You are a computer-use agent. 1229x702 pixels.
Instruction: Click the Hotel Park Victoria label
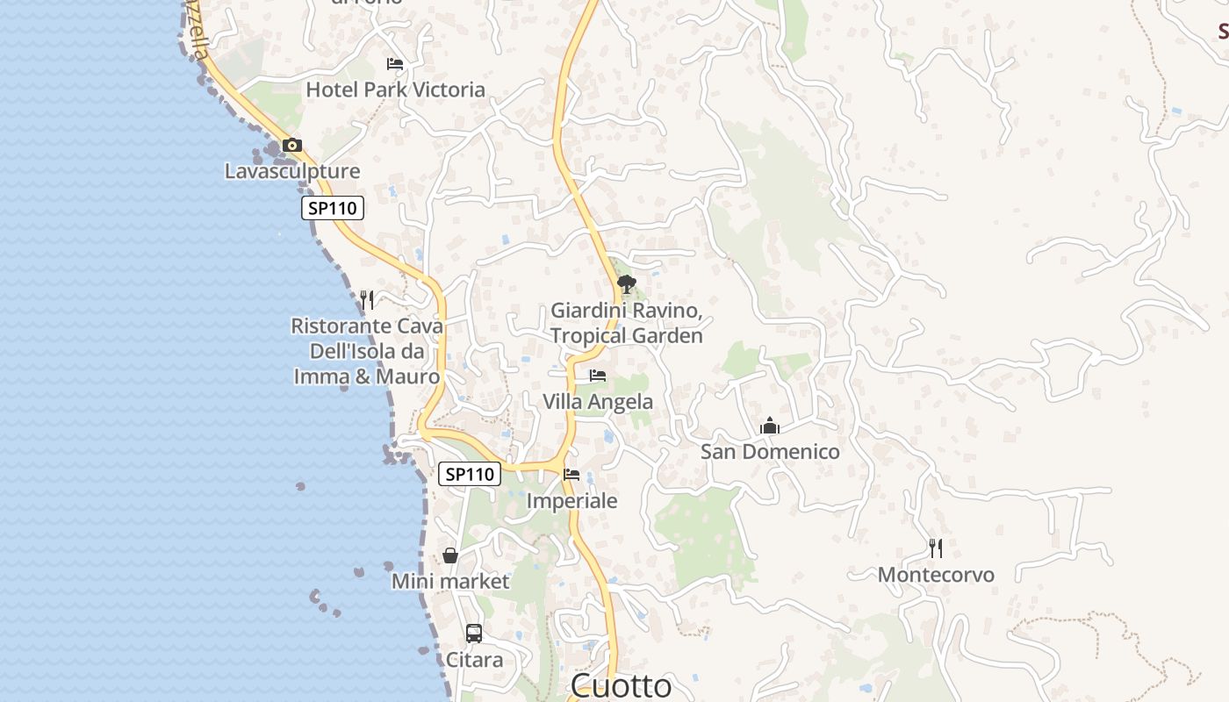[x=395, y=90]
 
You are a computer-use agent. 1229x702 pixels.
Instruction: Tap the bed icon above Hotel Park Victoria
[x=395, y=64]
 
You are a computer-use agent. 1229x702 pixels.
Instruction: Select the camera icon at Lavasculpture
[x=292, y=146]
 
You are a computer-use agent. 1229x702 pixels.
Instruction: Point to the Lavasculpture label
[x=292, y=171]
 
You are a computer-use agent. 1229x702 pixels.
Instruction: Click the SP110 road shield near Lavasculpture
[x=332, y=209]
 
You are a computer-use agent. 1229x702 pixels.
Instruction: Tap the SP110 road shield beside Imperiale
[x=470, y=474]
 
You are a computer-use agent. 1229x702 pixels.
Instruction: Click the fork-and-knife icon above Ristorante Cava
[x=367, y=300]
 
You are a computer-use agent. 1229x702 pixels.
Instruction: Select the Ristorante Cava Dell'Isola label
[x=367, y=351]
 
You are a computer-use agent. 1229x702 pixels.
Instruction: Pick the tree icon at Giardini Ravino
[x=626, y=283]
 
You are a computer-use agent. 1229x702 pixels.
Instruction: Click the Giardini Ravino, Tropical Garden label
[x=626, y=323]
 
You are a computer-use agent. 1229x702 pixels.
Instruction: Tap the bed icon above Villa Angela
[x=598, y=376]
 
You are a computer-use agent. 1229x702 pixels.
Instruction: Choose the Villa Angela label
[x=598, y=402]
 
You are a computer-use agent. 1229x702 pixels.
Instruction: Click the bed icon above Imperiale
[x=571, y=475]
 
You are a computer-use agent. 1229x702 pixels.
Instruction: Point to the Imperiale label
[x=571, y=501]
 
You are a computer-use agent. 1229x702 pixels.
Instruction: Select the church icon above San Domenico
[x=770, y=426]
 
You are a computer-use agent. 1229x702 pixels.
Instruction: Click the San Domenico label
[x=770, y=452]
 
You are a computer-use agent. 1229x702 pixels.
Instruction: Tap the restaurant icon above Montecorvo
[x=936, y=548]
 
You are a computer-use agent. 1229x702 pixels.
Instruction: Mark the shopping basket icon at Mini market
[x=450, y=555]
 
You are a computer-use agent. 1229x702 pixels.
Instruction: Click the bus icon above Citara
[x=474, y=633]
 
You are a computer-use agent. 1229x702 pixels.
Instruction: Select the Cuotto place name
[x=621, y=685]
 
